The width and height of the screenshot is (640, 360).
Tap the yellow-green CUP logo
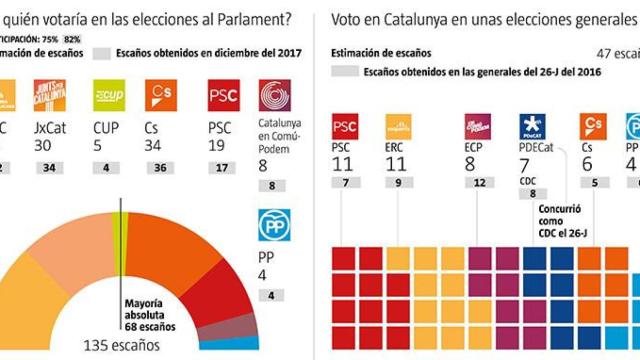click(x=107, y=96)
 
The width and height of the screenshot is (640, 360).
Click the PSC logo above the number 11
click(x=345, y=127)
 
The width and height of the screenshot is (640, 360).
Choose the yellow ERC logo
click(x=398, y=127)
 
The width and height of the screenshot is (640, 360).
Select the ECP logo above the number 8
click(x=477, y=127)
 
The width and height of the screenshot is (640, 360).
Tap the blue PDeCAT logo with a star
click(x=532, y=127)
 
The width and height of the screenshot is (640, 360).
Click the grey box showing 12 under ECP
click(x=477, y=182)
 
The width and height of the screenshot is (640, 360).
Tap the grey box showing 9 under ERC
click(x=398, y=182)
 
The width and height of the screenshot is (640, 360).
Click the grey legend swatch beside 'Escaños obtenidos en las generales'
click(x=344, y=72)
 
